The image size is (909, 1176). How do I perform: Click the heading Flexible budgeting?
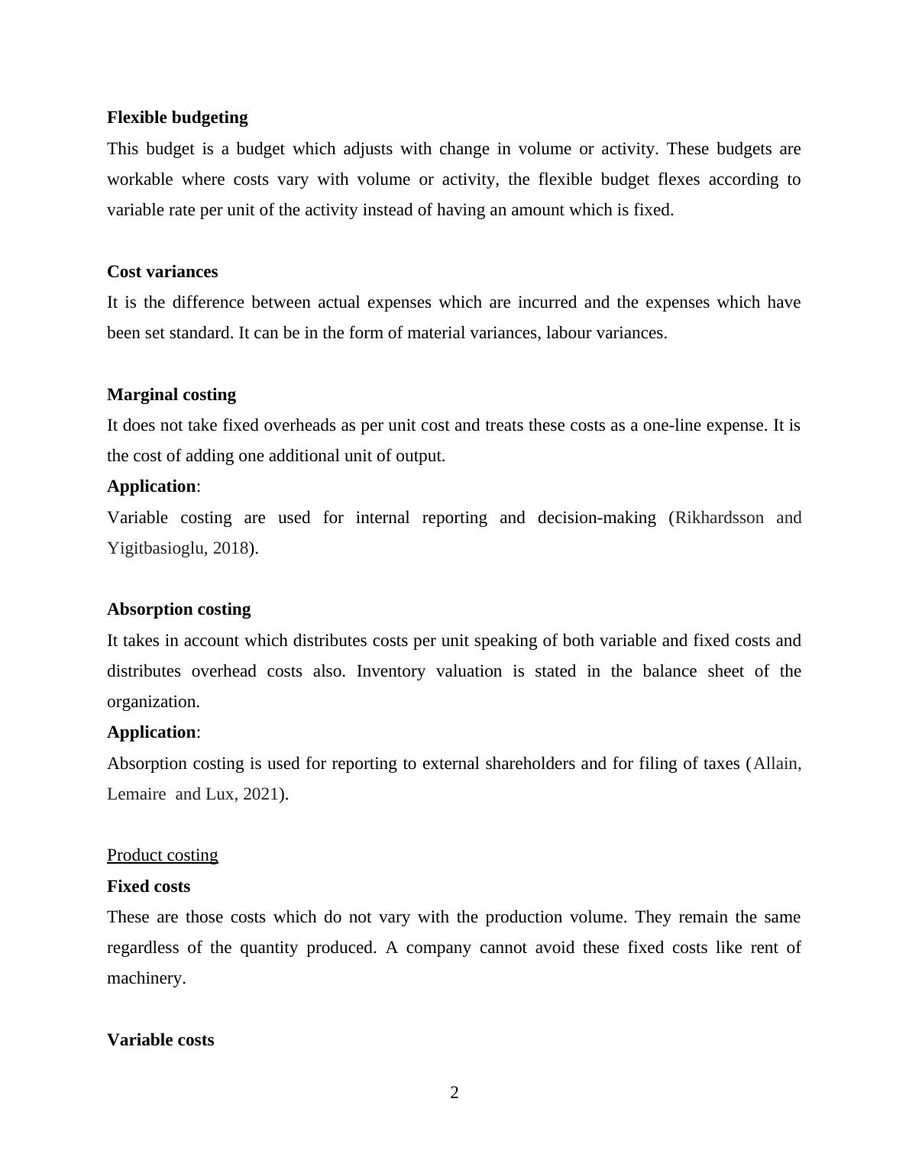(x=177, y=118)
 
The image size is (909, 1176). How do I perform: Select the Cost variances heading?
(x=162, y=272)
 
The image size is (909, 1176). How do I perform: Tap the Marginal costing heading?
(x=171, y=395)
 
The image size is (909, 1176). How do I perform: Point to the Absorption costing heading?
(x=179, y=609)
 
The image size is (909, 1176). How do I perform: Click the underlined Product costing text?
(x=162, y=855)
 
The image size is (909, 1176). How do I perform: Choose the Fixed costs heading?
(x=148, y=887)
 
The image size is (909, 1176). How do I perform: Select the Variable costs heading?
(x=160, y=1040)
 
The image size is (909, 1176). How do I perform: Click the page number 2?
(x=454, y=1093)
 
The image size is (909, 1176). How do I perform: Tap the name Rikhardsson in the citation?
(x=720, y=518)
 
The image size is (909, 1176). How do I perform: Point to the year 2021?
(x=260, y=794)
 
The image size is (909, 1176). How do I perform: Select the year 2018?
(x=231, y=548)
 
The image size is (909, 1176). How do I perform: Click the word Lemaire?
(x=136, y=794)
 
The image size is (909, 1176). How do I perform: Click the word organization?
(x=153, y=702)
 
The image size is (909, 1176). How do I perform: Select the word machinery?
(x=146, y=978)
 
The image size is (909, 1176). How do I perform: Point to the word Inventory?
(x=390, y=671)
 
